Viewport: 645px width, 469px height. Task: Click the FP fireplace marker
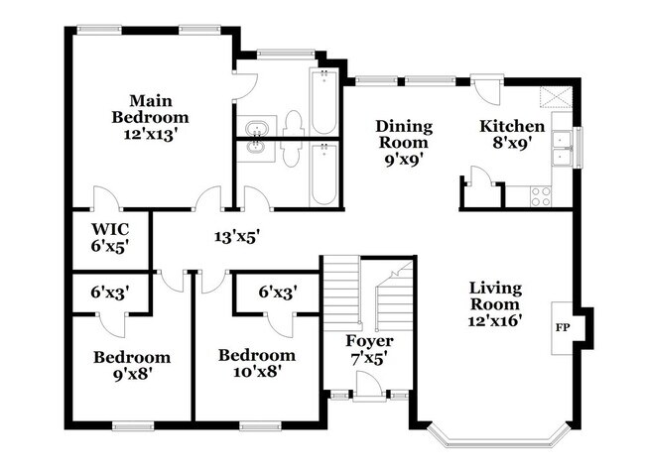click(563, 326)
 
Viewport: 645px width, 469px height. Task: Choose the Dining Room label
click(404, 133)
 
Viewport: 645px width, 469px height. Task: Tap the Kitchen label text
click(512, 127)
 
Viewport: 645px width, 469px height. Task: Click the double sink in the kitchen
click(562, 147)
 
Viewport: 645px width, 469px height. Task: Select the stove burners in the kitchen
click(542, 195)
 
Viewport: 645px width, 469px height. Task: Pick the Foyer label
click(363, 342)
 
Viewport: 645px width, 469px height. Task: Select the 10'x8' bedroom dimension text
click(256, 373)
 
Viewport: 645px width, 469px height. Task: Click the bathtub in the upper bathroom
click(323, 102)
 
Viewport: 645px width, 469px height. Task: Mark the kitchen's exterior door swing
click(488, 94)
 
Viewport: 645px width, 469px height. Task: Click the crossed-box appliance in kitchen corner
click(551, 97)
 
